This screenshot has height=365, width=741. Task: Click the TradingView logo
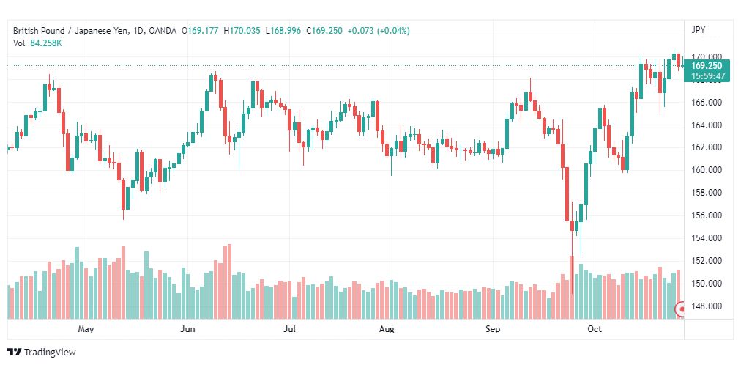41,353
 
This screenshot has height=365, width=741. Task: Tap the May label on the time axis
86,330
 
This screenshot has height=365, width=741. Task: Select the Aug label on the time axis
387,330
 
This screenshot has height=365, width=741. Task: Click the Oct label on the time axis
595,330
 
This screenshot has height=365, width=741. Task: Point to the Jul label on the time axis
291,330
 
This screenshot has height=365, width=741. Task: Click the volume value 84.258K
46,43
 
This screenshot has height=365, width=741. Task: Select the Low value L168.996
285,30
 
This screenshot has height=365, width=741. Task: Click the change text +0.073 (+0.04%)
379,30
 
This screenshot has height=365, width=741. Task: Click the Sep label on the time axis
493,330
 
